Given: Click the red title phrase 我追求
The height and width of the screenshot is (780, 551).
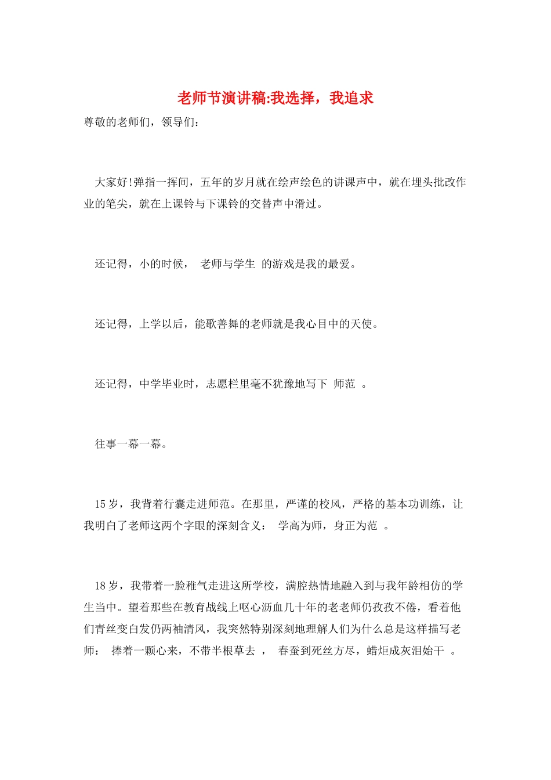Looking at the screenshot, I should pos(351,99).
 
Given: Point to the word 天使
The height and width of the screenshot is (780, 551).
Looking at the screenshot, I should pos(361,324).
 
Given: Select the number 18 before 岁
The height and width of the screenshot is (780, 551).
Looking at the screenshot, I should pos(100,586).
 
